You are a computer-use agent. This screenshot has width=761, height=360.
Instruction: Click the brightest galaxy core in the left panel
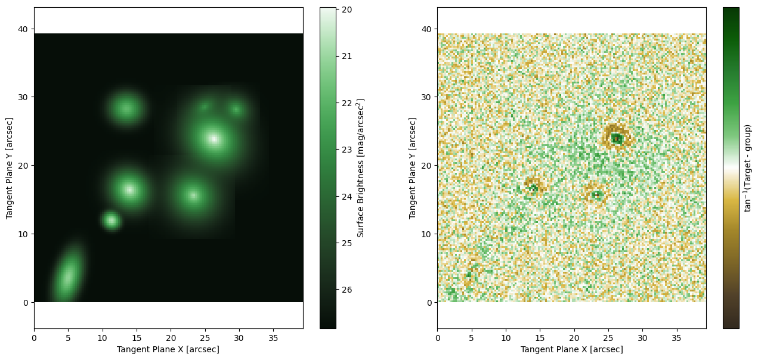214,139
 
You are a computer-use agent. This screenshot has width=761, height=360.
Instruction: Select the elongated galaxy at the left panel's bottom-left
68,274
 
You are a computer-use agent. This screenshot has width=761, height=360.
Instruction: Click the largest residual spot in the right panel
617,138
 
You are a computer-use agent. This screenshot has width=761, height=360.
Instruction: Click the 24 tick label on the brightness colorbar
347,196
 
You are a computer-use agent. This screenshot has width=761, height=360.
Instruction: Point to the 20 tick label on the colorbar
347,10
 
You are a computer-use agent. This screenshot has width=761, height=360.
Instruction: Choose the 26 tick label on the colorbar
347,290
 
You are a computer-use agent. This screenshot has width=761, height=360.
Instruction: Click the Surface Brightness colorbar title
360,168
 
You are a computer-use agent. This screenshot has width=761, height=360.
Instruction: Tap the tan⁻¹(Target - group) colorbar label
748,168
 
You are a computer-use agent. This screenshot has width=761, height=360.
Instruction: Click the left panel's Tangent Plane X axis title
168,349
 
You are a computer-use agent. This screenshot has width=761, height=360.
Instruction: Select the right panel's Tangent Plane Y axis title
412,168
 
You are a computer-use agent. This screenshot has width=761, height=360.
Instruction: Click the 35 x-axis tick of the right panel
677,339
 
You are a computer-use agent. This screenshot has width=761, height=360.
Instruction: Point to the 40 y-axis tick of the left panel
23,29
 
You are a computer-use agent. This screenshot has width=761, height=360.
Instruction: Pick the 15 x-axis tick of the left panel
137,339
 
